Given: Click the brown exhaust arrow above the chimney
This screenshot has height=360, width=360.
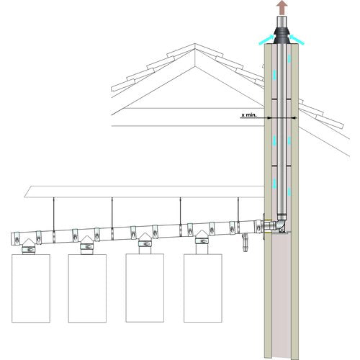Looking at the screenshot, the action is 282,7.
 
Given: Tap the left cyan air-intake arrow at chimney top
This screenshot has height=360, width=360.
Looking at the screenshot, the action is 266,40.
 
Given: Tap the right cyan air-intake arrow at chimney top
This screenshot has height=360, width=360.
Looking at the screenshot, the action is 297,40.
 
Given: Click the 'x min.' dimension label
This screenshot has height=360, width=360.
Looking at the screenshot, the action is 249,115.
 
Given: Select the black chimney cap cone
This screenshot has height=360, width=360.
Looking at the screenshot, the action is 282,36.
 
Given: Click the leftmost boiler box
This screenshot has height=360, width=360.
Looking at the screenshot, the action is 31,288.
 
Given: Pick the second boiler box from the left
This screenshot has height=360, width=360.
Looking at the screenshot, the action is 87,288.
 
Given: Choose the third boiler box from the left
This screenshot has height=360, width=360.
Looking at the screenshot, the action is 145,288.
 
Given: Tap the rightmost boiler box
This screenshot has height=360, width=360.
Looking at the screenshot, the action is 203,288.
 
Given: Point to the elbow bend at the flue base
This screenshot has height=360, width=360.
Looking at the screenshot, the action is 280,224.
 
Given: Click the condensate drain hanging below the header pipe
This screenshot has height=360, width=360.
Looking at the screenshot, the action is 245,242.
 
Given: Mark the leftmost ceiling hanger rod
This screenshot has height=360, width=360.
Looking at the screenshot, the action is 54,214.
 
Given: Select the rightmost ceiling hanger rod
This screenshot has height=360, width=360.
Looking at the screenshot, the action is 238,210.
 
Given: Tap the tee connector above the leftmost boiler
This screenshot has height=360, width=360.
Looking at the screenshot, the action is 29,246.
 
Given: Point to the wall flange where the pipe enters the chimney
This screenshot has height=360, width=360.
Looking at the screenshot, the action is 264,227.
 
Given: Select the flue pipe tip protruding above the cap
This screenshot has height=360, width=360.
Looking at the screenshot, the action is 282,22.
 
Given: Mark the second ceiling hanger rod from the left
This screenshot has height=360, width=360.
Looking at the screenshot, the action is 112,212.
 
